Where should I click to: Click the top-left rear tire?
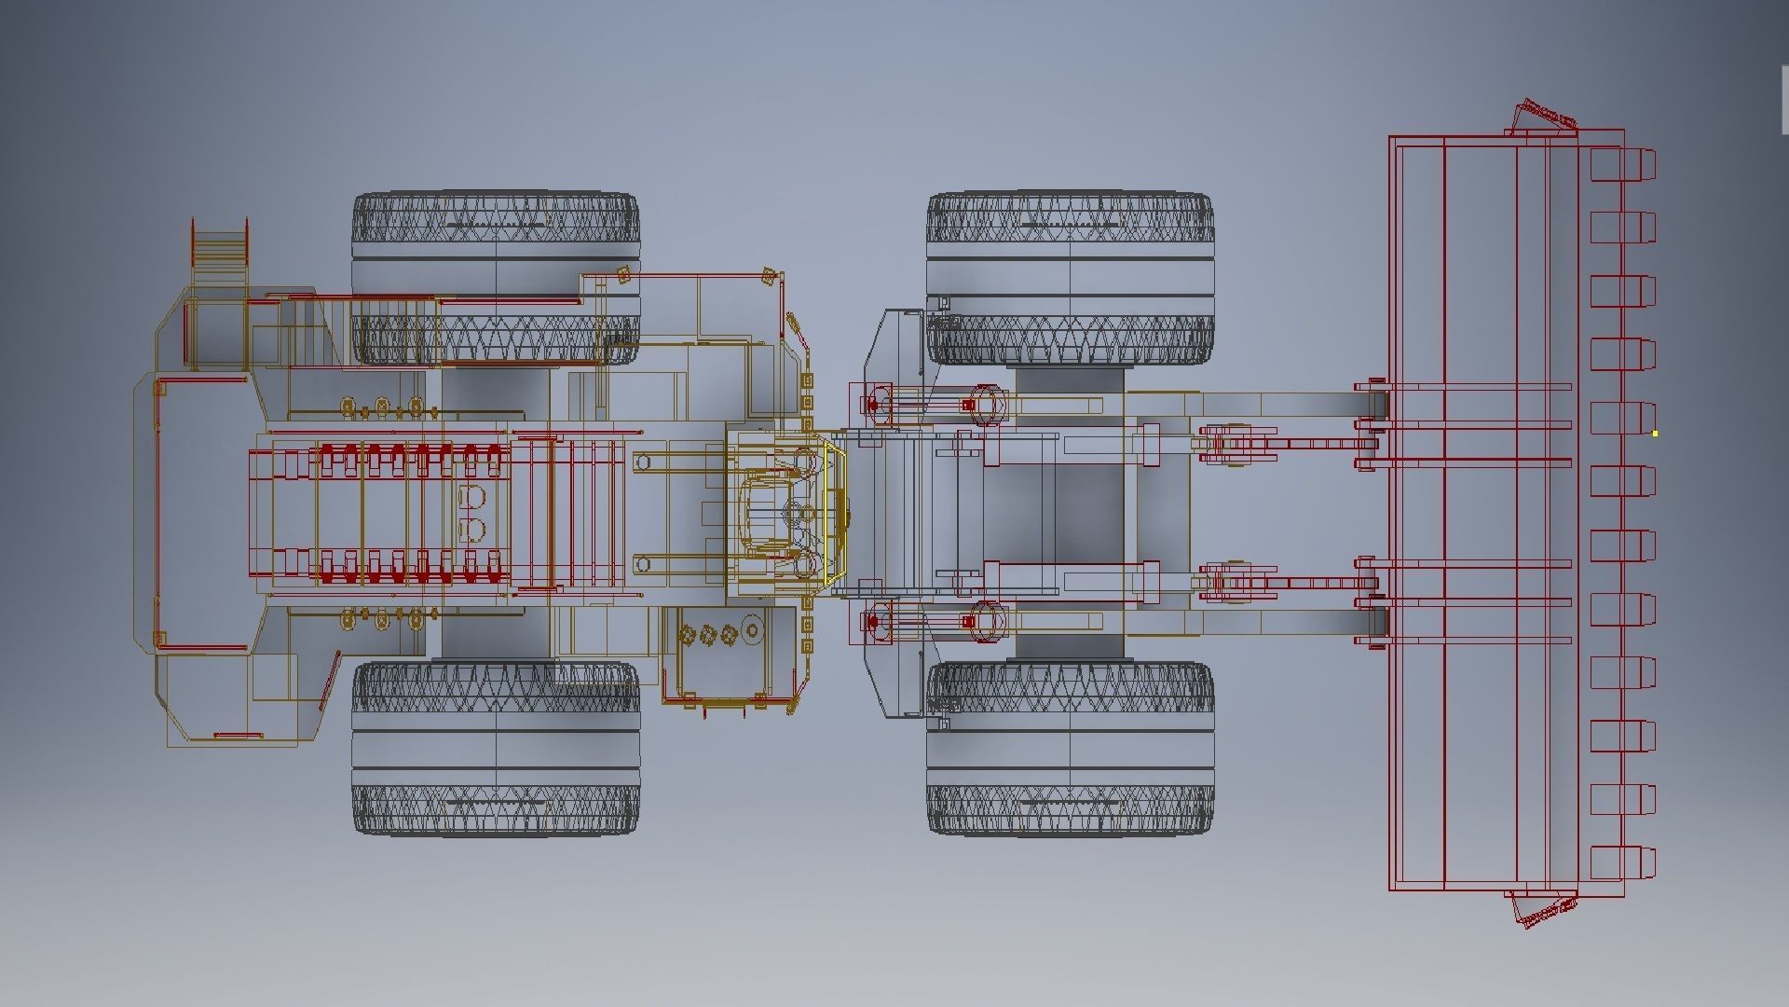point(496,278)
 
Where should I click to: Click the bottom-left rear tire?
point(496,748)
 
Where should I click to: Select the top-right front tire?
point(1070,278)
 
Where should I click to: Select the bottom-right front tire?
point(1070,748)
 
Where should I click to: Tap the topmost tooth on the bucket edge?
point(1623,164)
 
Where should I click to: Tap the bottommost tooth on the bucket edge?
point(1623,862)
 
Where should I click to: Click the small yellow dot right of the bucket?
point(1655,434)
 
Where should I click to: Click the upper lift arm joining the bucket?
point(1286,405)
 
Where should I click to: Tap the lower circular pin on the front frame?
point(987,621)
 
